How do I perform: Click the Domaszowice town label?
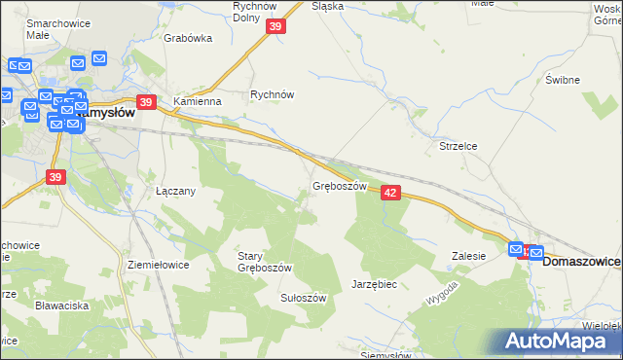582,262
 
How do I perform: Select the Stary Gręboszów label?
265,262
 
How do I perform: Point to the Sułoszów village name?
303,298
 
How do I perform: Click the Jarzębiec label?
374,284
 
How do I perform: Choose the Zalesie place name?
468,256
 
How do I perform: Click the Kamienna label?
198,100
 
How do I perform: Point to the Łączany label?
176,191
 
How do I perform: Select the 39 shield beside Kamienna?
146,101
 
